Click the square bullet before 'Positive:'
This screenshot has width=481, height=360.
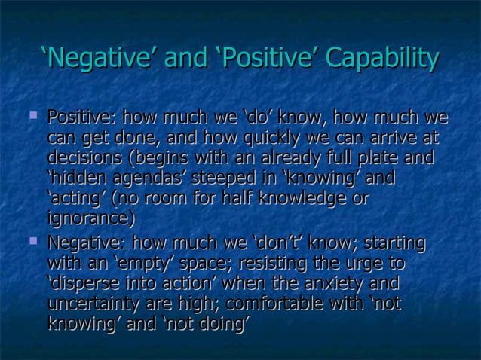click(x=32, y=116)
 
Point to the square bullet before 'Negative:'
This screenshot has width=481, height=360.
click(x=32, y=242)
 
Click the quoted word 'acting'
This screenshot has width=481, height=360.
click(x=76, y=199)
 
